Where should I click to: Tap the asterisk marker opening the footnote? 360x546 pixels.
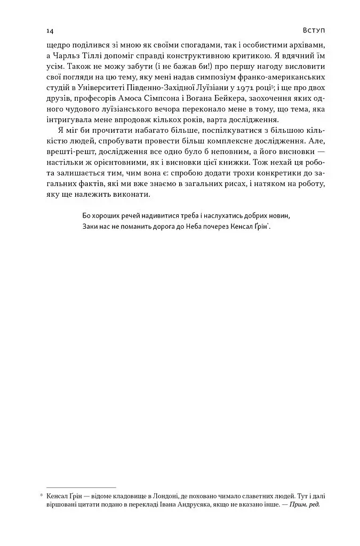42,496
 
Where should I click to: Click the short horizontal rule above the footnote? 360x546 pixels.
81,487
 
